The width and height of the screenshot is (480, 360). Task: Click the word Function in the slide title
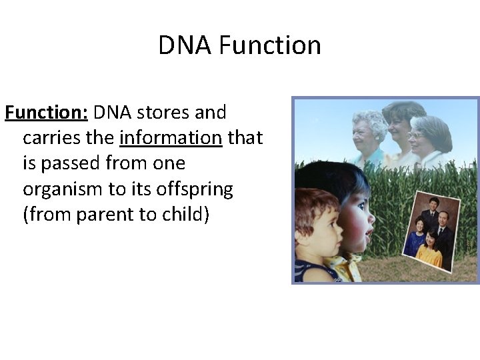click(x=269, y=45)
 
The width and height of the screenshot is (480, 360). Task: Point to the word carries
click(x=55, y=138)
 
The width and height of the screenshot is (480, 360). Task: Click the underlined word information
click(x=171, y=138)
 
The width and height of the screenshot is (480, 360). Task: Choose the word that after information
click(x=245, y=138)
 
